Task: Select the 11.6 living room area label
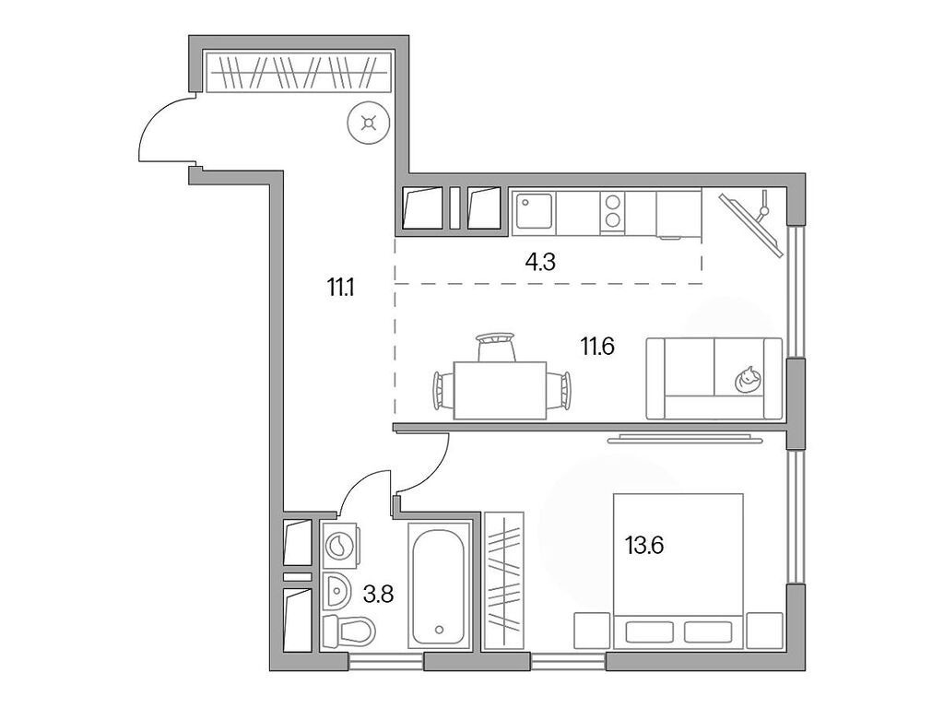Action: [x=596, y=347]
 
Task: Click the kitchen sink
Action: [x=533, y=212]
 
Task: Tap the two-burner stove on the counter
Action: [x=610, y=212]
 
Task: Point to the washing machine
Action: [x=342, y=545]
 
